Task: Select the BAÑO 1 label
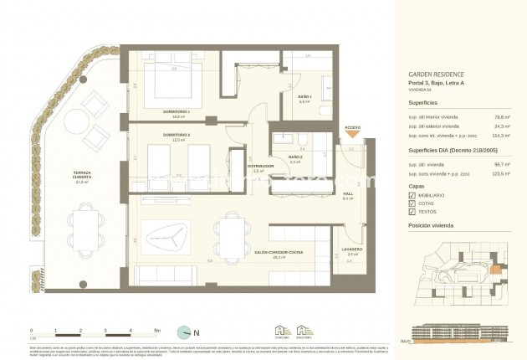305,97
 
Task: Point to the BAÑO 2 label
294,157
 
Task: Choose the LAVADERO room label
352,249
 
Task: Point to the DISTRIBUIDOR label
263,167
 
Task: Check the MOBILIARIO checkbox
412,195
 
